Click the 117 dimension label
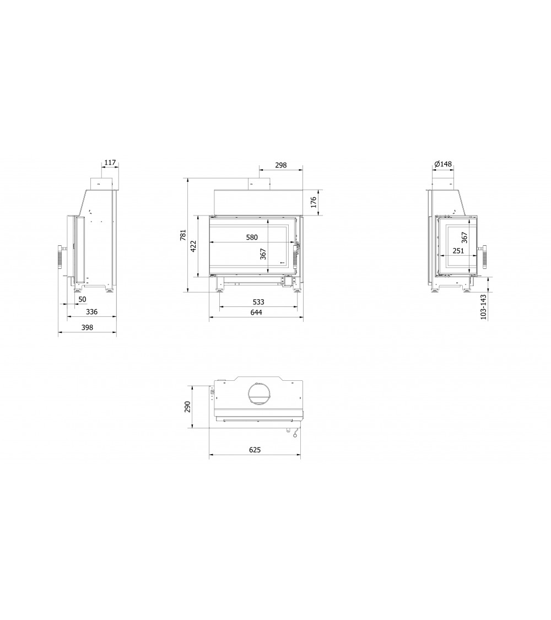click(x=110, y=163)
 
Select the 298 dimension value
click(x=281, y=165)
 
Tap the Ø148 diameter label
click(x=442, y=164)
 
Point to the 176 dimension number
click(x=314, y=202)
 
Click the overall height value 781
click(x=183, y=235)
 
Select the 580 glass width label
click(x=251, y=238)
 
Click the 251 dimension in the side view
click(x=458, y=251)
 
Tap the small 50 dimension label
click(x=82, y=299)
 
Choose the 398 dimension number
click(x=87, y=327)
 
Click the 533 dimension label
click(x=258, y=301)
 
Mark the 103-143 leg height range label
click(x=484, y=307)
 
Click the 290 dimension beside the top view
click(x=187, y=407)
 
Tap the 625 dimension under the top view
click(x=255, y=450)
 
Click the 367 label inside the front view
click(x=263, y=254)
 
